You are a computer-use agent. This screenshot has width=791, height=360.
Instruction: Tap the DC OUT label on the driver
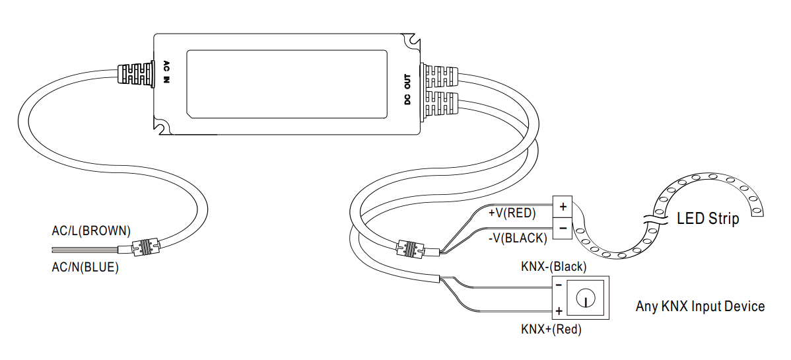[x=407, y=90]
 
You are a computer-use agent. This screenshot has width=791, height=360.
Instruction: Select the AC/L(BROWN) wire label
[x=91, y=231]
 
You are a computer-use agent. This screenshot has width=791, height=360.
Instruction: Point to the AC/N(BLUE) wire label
[x=85, y=268]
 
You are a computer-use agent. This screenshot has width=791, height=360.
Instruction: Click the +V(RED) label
[x=512, y=213]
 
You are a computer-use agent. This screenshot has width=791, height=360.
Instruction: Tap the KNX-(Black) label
[x=554, y=267]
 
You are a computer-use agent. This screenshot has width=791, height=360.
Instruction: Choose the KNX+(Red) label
[x=551, y=328]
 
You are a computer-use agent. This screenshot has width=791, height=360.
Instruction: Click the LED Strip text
[x=708, y=219]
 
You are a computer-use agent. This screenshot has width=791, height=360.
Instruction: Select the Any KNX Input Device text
[x=700, y=306]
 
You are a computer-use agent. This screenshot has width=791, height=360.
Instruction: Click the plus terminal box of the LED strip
[x=562, y=207]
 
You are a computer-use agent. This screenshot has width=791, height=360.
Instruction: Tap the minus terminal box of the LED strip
[x=562, y=228]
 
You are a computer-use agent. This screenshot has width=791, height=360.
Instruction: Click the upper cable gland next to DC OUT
[x=439, y=76]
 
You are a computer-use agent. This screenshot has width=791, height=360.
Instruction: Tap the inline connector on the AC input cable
[x=146, y=248]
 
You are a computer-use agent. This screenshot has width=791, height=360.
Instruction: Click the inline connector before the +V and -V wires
[x=409, y=250]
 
